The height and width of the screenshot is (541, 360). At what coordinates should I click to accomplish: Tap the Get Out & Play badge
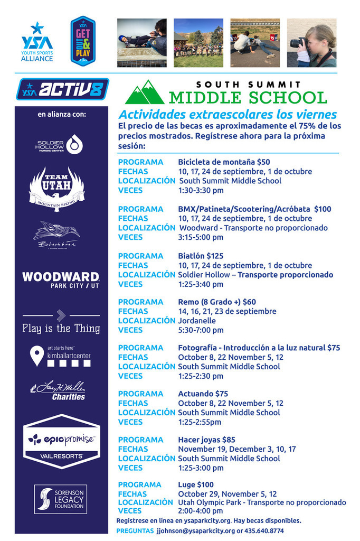pyautogui.click(x=83, y=41)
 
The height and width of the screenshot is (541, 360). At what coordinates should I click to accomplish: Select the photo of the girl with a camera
pyautogui.click(x=311, y=43)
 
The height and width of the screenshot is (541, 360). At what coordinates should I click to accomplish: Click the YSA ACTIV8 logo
pyautogui.click(x=62, y=89)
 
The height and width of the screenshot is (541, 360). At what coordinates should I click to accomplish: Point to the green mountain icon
pyautogui.click(x=144, y=93)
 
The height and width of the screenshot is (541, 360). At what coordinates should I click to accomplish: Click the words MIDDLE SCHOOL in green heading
pyautogui.click(x=248, y=98)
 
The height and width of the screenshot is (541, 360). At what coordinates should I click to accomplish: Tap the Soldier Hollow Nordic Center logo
pyautogui.click(x=58, y=144)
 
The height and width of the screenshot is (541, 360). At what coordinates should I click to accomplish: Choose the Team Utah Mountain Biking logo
pyautogui.click(x=56, y=189)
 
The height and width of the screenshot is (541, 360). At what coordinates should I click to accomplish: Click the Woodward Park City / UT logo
pyautogui.click(x=60, y=279)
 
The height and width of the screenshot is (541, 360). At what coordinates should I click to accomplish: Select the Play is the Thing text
pyautogui.click(x=61, y=328)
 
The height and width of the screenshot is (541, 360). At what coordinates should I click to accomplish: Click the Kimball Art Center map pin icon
pyautogui.click(x=36, y=356)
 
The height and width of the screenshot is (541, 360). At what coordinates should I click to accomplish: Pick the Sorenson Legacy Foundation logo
pyautogui.click(x=60, y=499)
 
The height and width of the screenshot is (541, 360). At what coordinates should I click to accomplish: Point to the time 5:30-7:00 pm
pyautogui.click(x=201, y=330)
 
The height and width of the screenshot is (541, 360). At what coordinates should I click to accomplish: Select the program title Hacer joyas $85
pyautogui.click(x=206, y=440)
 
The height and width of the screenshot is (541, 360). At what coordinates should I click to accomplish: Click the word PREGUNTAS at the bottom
pyautogui.click(x=135, y=530)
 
